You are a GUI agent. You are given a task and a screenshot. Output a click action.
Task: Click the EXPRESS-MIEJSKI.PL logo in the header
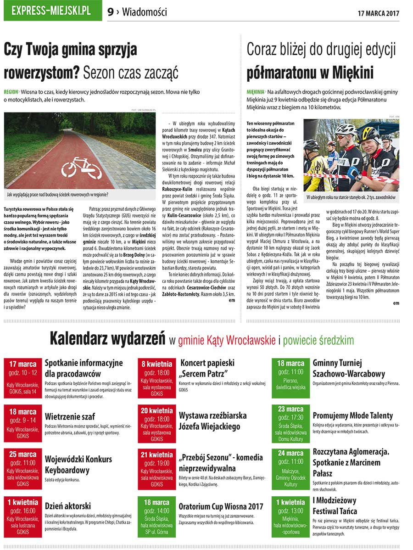(52, 11)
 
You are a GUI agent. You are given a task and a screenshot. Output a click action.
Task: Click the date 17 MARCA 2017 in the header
(378, 12)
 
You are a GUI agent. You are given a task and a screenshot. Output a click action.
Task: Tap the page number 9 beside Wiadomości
(110, 12)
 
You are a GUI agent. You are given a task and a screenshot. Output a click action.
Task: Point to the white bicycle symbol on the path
(81, 167)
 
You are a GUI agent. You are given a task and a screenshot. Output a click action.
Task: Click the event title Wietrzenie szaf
(70, 417)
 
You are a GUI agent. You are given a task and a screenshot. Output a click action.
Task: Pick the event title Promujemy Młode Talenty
(352, 415)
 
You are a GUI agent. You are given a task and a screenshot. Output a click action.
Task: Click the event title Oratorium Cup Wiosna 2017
(221, 506)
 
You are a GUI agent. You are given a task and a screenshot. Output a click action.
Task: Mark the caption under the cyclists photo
(351, 197)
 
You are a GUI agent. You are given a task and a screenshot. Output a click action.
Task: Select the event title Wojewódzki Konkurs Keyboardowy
(78, 465)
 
